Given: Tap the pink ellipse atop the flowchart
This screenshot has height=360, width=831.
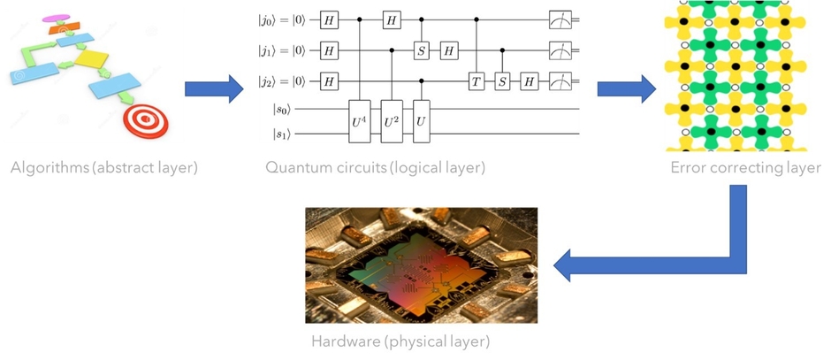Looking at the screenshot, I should [56, 18].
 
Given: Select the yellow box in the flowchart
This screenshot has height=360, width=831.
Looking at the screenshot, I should [90, 59].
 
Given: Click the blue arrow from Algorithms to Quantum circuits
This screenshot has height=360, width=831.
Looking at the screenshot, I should [212, 88].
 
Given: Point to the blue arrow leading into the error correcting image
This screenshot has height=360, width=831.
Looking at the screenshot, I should [626, 88].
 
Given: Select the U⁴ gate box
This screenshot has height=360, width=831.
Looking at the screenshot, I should [360, 122].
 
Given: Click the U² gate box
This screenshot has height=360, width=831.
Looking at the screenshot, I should [391, 122].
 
